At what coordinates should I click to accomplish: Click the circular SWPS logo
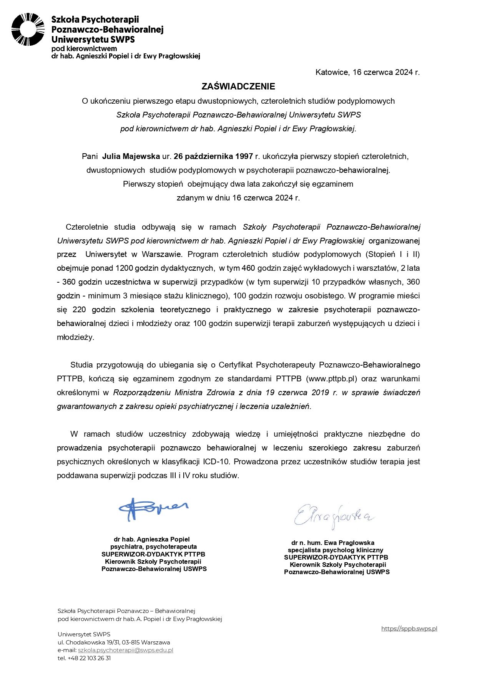pos(28,30)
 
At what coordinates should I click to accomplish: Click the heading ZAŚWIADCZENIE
pos(238,86)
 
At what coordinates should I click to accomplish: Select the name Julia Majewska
pos(131,156)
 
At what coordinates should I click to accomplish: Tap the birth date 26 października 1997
pos(213,156)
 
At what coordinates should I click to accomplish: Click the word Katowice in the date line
pos(332,72)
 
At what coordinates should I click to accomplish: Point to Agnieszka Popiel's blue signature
pos(153,509)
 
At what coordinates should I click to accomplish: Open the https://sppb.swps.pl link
pos(409,629)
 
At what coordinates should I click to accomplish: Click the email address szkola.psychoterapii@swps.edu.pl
pos(125,650)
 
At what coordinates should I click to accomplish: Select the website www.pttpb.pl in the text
pos(331,379)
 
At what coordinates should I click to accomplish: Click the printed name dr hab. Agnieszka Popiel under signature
pos(152,539)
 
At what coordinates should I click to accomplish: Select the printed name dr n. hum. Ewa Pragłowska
pos(333,543)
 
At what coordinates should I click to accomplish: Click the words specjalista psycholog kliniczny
pos(336,550)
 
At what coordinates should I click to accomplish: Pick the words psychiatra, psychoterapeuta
pos(153,546)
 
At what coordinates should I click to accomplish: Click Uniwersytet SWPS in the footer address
pos(84,634)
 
